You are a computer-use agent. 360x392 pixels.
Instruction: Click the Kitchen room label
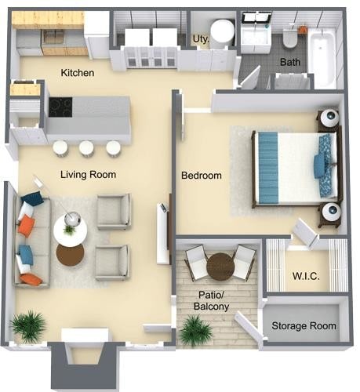[78, 73]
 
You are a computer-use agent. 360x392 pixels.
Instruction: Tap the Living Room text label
[88, 174]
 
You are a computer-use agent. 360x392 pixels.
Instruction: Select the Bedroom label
[202, 176]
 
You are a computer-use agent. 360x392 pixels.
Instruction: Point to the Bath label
[289, 60]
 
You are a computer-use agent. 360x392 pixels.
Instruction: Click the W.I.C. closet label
[305, 276]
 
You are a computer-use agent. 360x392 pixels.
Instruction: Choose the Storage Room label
[304, 325]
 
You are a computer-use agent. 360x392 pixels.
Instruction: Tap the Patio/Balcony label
[213, 300]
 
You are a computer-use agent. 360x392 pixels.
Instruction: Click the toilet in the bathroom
[289, 37]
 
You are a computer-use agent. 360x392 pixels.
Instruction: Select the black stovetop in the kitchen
[61, 106]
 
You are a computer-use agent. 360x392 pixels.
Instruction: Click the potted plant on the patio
[195, 330]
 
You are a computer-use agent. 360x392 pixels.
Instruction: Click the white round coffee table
[70, 230]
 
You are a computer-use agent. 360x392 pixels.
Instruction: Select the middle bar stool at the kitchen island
[86, 147]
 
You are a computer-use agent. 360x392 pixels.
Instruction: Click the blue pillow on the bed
[320, 165]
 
